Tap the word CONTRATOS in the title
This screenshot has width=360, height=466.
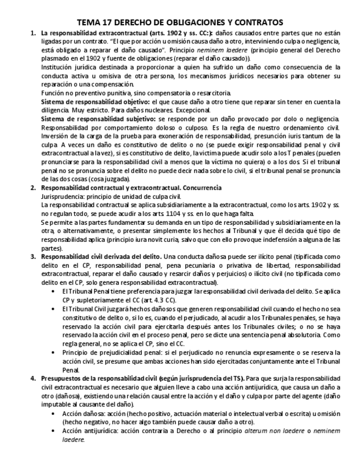pyautogui.click(x=259, y=23)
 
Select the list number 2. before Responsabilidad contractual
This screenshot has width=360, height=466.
pyautogui.click(x=33, y=187)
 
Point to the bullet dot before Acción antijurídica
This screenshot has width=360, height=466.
pyautogui.click(x=52, y=430)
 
